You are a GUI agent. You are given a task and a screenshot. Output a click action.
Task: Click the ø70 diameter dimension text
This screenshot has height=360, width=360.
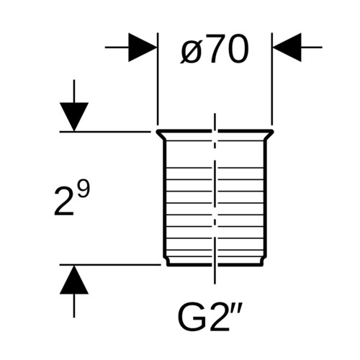click(215, 50)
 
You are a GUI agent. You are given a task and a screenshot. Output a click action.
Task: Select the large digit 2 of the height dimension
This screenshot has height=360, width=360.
click(64, 201)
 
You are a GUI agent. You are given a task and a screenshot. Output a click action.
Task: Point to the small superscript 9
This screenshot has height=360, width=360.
click(84, 189)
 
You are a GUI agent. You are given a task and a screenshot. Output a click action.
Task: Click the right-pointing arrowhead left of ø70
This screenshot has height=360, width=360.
click(143, 48)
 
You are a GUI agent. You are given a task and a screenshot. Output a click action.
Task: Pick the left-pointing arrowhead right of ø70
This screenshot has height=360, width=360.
click(287, 48)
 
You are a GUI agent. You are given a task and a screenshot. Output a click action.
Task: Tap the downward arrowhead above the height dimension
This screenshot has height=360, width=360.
click(74, 117)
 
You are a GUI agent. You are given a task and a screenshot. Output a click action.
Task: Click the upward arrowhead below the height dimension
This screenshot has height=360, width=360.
click(74, 279)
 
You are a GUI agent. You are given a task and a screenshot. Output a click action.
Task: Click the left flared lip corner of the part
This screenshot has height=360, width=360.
click(157, 132)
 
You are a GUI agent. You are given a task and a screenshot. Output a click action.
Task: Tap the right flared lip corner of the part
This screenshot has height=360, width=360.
click(273, 132)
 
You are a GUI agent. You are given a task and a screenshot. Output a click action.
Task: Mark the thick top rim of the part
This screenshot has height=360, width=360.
click(215, 131)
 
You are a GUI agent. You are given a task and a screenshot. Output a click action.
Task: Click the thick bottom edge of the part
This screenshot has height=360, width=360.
click(215, 265)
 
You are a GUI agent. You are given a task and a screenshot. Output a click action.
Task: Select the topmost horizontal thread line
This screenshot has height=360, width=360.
click(215, 140)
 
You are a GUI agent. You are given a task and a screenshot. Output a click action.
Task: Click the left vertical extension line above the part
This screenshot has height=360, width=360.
click(158, 79)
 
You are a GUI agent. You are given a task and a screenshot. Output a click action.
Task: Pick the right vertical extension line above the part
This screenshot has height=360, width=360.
click(272, 79)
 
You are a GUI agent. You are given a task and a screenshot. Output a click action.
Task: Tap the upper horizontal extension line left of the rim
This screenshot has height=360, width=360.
click(105, 132)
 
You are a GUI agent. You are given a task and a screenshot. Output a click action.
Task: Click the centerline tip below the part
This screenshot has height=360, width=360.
click(215, 284)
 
